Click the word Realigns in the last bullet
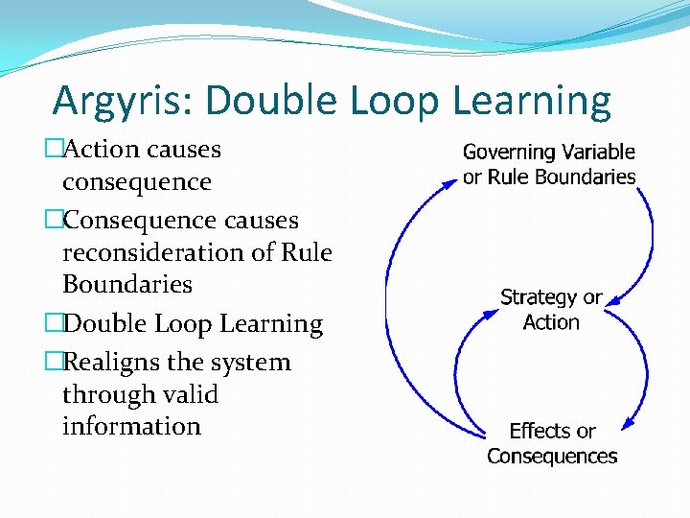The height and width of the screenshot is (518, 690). (113, 363)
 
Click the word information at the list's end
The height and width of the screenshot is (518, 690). (131, 426)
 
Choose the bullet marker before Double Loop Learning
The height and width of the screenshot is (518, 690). (53, 324)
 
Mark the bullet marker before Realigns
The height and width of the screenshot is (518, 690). (53, 363)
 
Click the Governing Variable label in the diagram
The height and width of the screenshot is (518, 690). (548, 152)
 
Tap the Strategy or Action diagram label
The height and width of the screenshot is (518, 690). (550, 309)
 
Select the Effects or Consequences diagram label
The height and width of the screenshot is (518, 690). (551, 443)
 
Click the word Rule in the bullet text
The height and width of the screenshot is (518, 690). (307, 252)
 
